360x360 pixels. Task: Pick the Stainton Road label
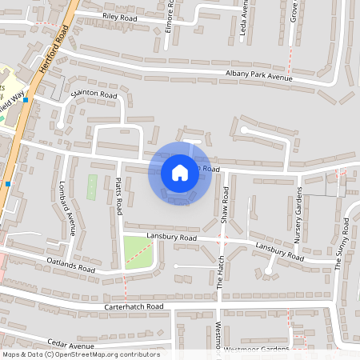(94, 95)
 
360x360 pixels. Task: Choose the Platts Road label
(118, 196)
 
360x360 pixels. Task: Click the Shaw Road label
(226, 205)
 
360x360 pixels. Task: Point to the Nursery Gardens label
(298, 215)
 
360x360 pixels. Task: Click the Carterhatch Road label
(133, 306)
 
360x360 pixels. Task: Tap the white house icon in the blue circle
(179, 172)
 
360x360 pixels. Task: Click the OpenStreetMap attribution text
(81, 354)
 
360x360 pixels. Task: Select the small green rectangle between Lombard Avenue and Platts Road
(92, 187)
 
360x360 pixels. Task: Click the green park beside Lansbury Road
(137, 252)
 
